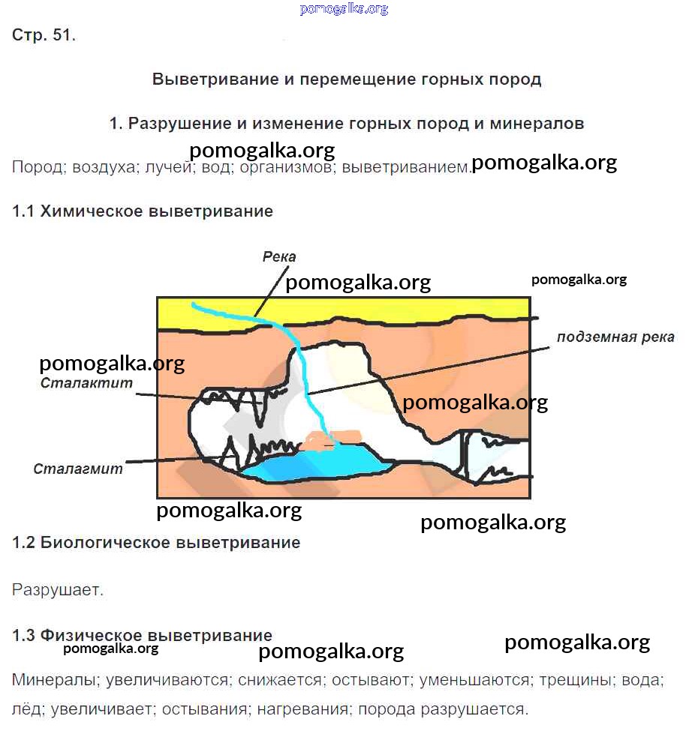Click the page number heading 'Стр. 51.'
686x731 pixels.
tap(44, 35)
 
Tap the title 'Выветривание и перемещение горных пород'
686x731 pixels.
tap(347, 79)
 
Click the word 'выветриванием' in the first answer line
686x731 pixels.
tap(405, 167)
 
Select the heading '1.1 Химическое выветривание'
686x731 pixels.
tap(143, 211)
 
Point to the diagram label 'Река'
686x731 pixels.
tap(279, 257)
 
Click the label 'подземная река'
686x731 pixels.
tap(615, 337)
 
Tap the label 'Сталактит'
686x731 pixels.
tap(87, 383)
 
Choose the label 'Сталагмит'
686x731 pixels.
tap(78, 469)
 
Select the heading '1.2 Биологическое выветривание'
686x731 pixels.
tap(156, 543)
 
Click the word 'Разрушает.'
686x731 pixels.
tap(58, 590)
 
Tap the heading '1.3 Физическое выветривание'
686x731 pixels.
tap(142, 636)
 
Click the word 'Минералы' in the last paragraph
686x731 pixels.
tap(55, 681)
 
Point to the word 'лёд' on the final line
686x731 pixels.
tap(25, 709)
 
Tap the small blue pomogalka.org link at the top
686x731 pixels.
tap(344, 9)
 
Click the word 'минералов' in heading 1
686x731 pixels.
tap(537, 124)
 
